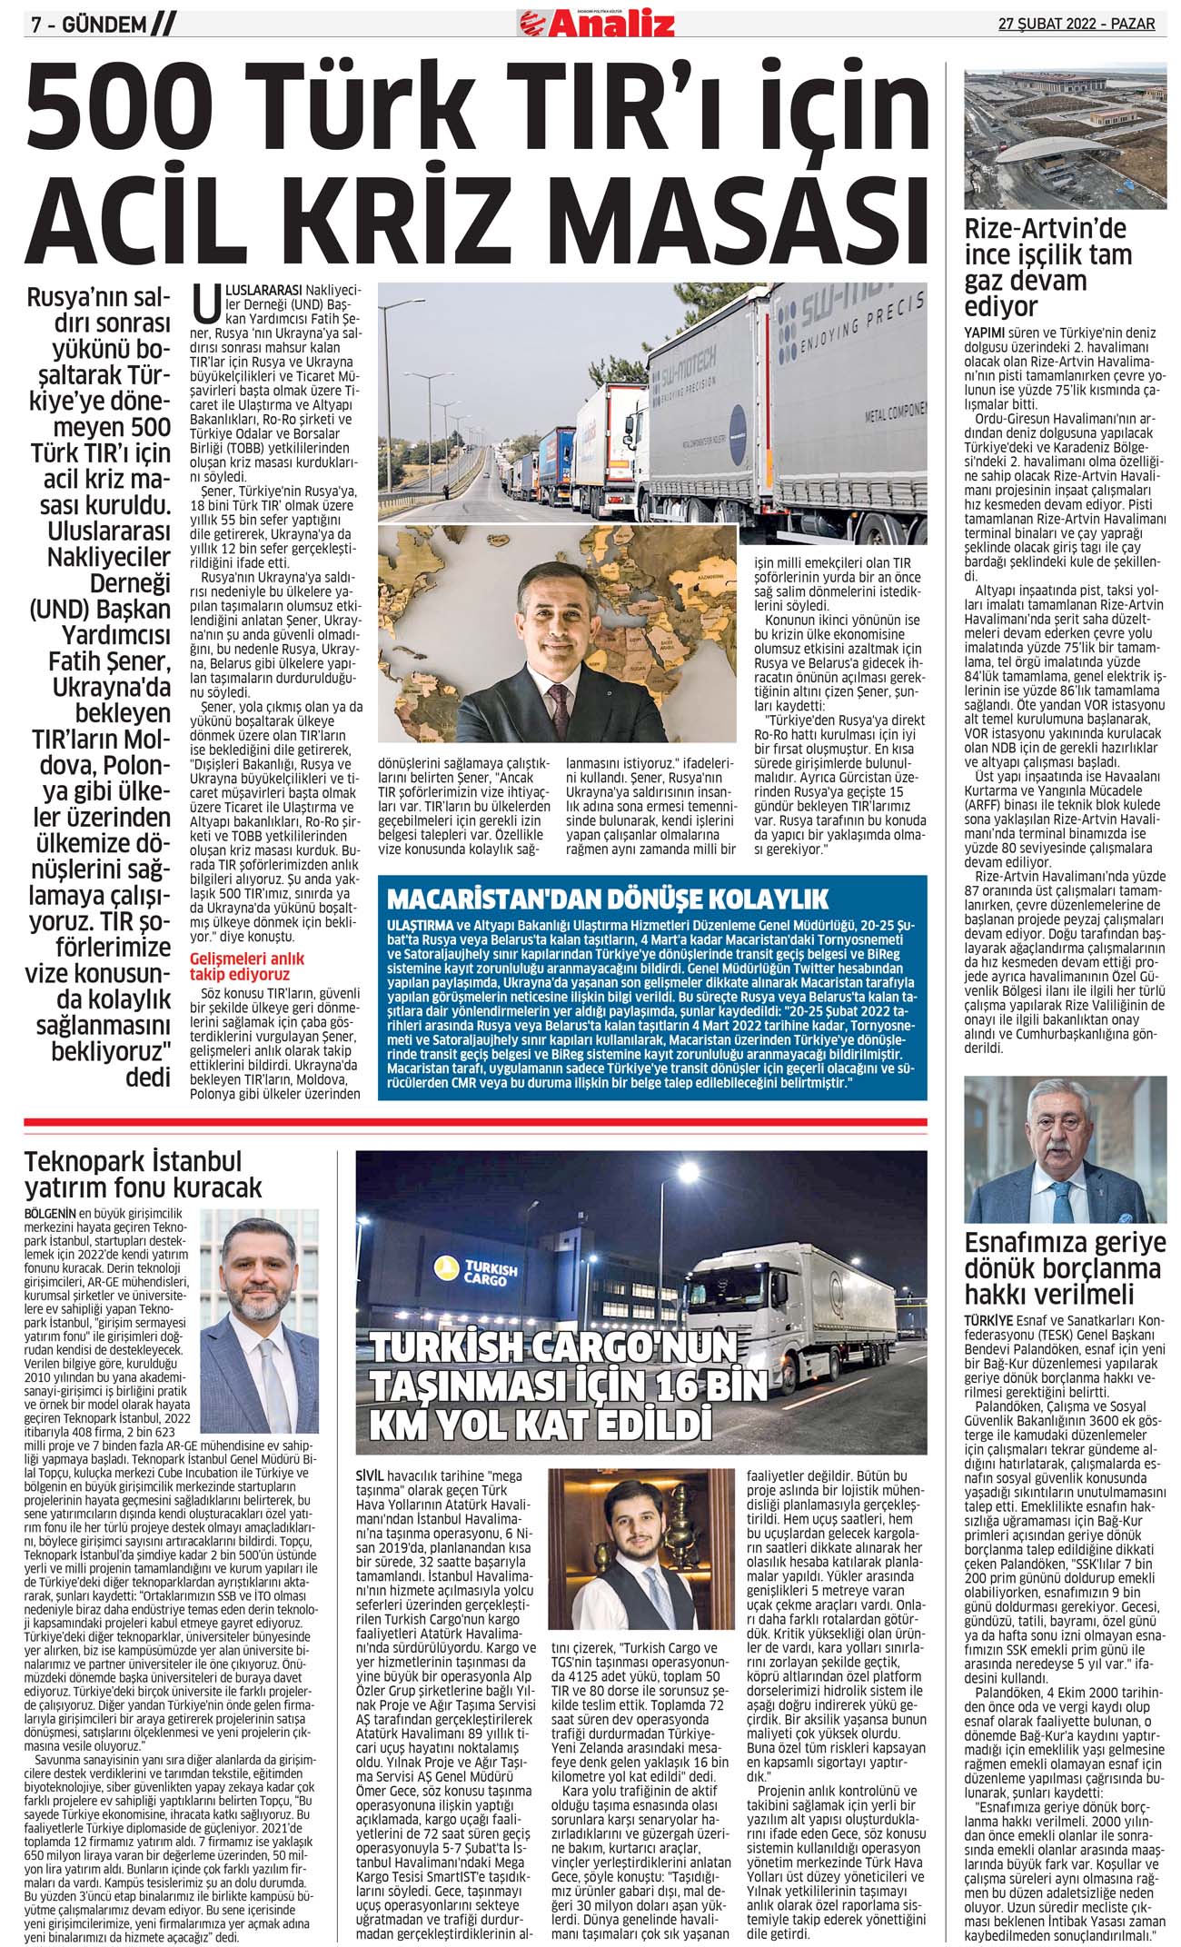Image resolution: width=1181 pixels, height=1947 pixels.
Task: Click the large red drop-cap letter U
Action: (x=206, y=304)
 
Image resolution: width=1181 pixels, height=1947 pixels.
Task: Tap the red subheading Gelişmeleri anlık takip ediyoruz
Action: (x=247, y=966)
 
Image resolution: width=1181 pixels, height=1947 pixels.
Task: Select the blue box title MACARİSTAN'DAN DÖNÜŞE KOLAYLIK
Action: (x=608, y=899)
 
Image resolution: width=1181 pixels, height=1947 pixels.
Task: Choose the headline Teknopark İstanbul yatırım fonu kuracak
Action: (x=143, y=1174)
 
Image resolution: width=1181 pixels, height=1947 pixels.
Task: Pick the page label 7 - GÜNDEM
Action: (x=88, y=25)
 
